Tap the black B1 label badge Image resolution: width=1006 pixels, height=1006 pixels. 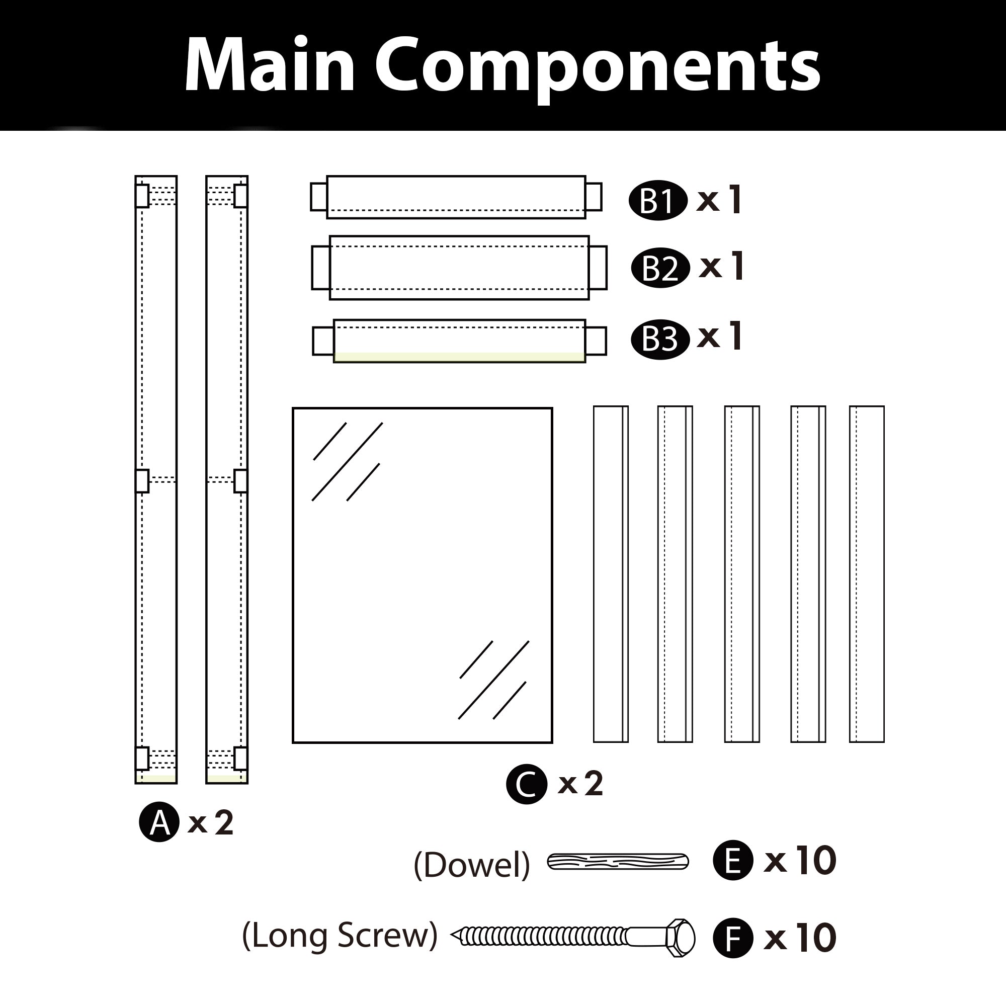click(x=657, y=202)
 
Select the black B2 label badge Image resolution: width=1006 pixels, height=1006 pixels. click(x=660, y=268)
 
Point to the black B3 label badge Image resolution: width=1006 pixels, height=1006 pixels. click(x=660, y=340)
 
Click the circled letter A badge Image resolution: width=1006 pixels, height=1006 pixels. click(x=159, y=822)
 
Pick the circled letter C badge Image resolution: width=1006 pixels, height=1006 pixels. click(x=527, y=784)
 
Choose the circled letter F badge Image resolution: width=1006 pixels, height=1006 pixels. click(x=733, y=938)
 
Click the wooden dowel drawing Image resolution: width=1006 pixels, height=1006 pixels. click(x=618, y=862)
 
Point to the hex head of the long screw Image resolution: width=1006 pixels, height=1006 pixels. click(x=680, y=938)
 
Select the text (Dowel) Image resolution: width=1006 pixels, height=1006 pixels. click(x=471, y=865)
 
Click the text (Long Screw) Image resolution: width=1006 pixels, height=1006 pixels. click(x=340, y=936)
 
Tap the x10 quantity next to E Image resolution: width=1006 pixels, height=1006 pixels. click(x=799, y=860)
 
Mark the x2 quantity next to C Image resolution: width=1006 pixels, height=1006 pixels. click(x=580, y=784)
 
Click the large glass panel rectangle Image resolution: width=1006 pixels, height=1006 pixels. click(x=422, y=575)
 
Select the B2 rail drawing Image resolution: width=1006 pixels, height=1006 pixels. click(x=459, y=268)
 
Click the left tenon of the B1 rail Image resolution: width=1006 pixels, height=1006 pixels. click(x=318, y=197)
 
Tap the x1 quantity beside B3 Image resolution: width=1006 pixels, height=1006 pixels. click(x=719, y=337)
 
